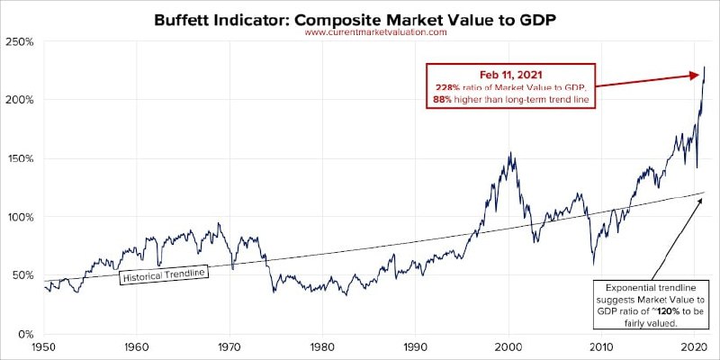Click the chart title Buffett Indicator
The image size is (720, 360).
361,17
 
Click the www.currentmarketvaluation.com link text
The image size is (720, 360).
376,32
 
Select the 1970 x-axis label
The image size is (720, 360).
229,346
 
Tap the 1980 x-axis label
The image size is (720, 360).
322,346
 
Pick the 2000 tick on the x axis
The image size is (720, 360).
508,346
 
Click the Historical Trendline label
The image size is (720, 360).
163,273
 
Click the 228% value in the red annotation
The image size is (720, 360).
447,85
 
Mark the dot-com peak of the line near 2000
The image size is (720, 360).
510,153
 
